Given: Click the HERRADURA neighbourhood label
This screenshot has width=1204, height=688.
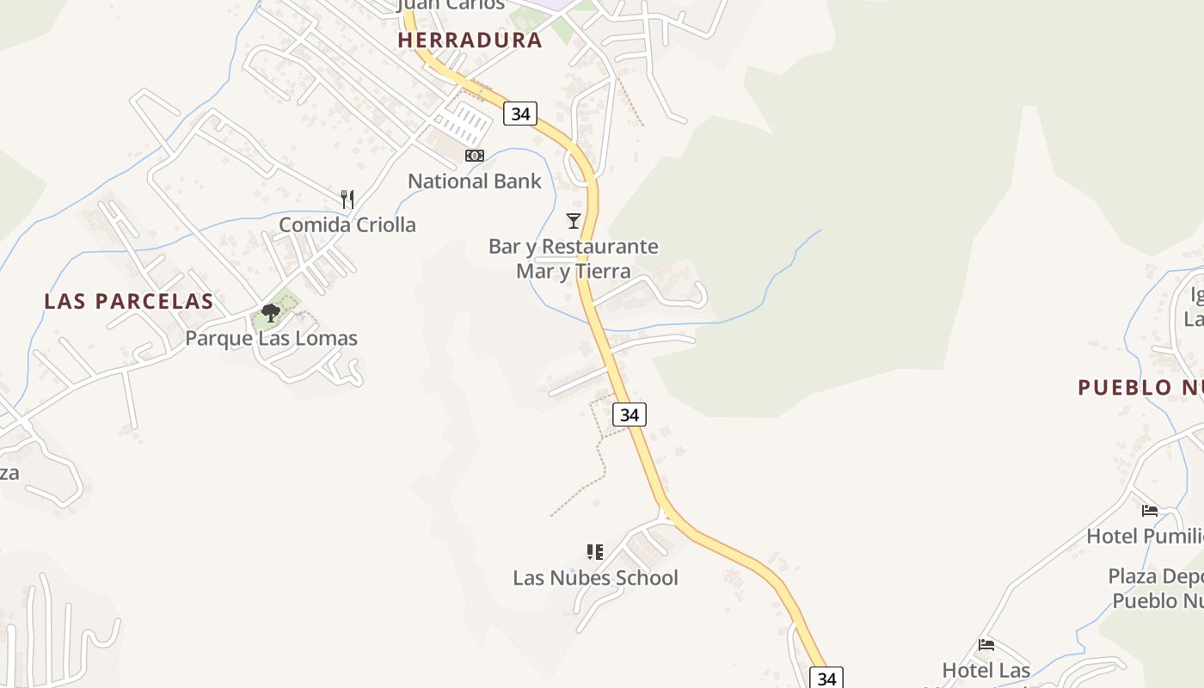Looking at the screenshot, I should (x=470, y=40).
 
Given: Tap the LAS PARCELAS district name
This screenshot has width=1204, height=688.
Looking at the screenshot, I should (x=129, y=301).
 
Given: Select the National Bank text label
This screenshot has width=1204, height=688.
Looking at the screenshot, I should (x=475, y=181).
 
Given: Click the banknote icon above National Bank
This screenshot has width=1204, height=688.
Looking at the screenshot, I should (x=475, y=156).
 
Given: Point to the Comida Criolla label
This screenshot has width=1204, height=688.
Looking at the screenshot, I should (x=347, y=224).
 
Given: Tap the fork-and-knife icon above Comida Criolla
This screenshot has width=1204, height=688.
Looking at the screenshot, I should (x=347, y=200).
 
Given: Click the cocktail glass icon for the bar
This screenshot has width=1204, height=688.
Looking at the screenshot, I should (x=574, y=221).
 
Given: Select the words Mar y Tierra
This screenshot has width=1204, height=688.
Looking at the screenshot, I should (x=574, y=271).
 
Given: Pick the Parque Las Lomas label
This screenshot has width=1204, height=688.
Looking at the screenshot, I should (x=272, y=338).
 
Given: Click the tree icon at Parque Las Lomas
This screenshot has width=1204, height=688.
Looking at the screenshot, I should (x=271, y=313).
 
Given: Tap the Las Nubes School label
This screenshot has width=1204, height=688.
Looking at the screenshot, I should (x=595, y=578).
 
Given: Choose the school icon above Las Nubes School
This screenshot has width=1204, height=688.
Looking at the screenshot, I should (x=595, y=552).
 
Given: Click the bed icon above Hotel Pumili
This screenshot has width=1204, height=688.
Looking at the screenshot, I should (x=1150, y=511).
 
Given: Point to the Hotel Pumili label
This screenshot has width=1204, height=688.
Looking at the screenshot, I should (x=1145, y=536).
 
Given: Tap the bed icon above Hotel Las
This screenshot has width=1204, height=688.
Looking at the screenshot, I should (x=986, y=645).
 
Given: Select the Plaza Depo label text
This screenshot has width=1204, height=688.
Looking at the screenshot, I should (x=1155, y=575).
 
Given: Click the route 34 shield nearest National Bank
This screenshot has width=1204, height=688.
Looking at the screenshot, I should (x=520, y=114).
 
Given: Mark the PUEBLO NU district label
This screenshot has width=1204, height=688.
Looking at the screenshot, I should (x=1139, y=387).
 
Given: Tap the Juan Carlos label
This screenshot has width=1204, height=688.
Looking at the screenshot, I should (x=451, y=5).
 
